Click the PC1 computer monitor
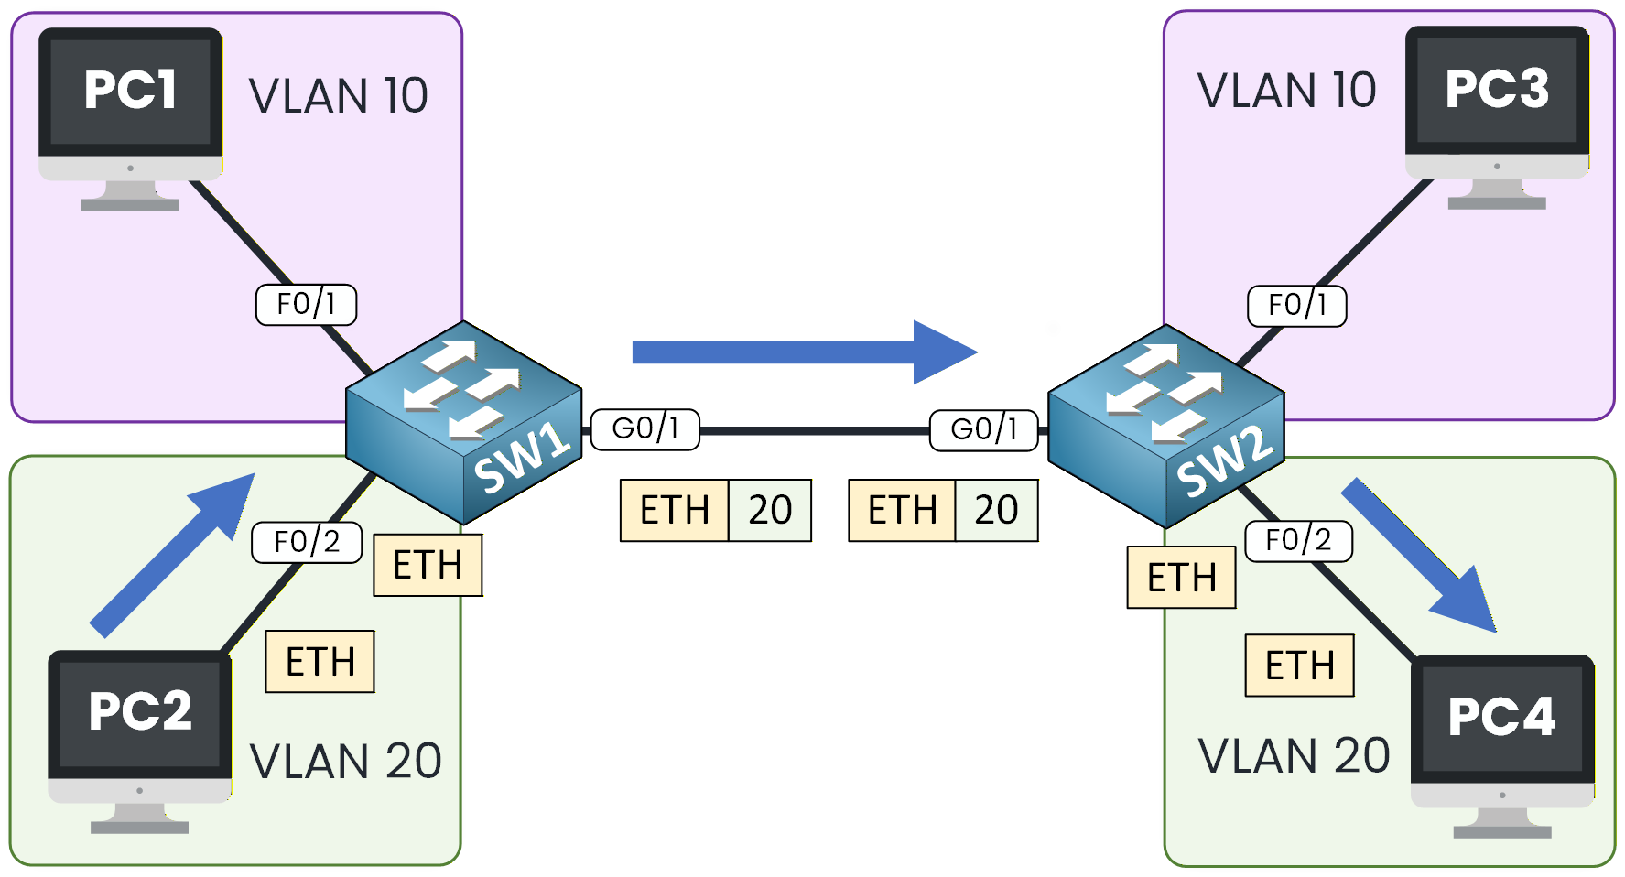point(130,101)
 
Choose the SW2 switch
point(1165,427)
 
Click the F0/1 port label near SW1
point(306,304)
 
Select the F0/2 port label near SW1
point(307,542)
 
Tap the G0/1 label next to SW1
point(645,429)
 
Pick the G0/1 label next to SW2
point(984,430)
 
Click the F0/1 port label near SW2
point(1297,306)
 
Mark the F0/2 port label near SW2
point(1298,541)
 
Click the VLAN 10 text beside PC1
point(338,96)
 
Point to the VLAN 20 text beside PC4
point(1294,756)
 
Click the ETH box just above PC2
point(320,662)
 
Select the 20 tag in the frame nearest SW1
point(770,511)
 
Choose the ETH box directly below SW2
point(1181,578)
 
